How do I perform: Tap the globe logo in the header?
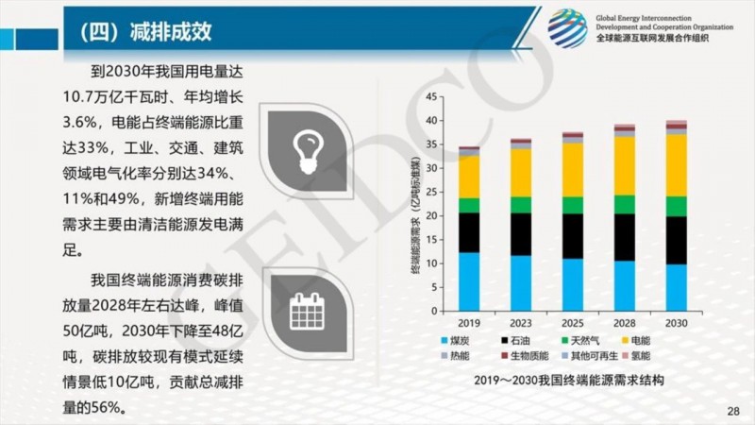[567, 27]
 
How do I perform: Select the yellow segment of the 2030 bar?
[676, 165]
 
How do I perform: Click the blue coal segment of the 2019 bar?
[468, 281]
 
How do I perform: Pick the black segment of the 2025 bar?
[572, 236]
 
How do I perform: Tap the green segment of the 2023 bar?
[520, 205]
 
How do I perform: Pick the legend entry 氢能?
[640, 356]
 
